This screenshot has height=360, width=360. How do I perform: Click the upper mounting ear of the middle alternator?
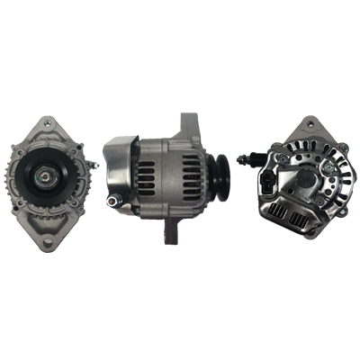click(x=188, y=122)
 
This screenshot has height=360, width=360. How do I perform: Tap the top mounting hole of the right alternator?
click(x=313, y=124)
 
